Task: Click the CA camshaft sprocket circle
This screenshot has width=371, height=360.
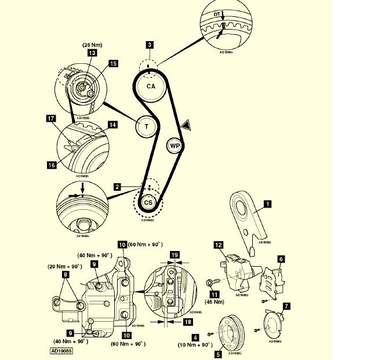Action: pyautogui.click(x=151, y=86)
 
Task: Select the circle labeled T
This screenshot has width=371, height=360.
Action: pyautogui.click(x=146, y=126)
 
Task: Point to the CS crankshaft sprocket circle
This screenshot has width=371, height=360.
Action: pyautogui.click(x=148, y=202)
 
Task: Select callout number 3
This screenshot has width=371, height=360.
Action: pyautogui.click(x=150, y=44)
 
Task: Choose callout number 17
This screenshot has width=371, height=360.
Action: pyautogui.click(x=51, y=118)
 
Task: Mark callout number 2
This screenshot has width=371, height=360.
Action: pyautogui.click(x=117, y=187)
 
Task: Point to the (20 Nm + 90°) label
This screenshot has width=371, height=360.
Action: pyautogui.click(x=65, y=266)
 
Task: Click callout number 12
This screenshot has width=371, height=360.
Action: pyautogui.click(x=219, y=245)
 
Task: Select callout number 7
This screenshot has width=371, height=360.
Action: pyautogui.click(x=286, y=305)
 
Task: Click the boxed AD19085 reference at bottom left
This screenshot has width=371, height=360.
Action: pyautogui.click(x=61, y=351)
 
